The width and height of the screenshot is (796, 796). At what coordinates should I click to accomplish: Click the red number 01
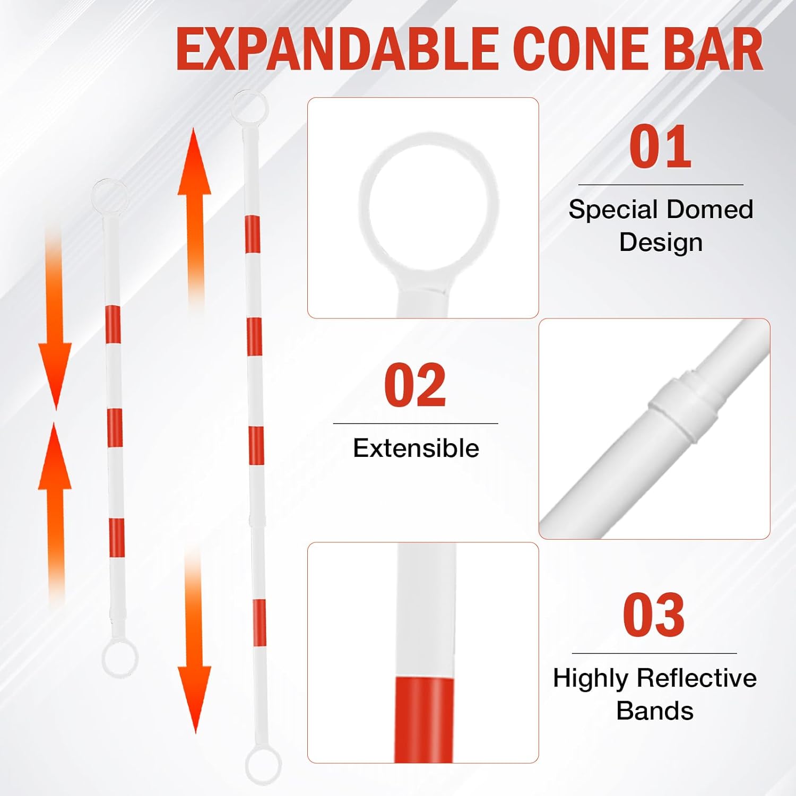pos(660,147)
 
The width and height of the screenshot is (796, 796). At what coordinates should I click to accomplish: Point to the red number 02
pos(415,386)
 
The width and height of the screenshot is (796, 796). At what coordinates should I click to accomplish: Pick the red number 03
pos(654,616)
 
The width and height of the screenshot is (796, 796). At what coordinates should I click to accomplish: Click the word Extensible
pos(416,448)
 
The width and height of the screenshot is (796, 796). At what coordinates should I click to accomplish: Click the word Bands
pos(654,711)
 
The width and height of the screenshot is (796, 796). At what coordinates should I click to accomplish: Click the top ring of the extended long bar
pos(250,107)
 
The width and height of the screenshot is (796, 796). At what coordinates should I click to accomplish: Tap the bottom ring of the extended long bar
pos(263,765)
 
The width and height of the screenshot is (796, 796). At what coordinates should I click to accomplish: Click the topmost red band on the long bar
pos(252,234)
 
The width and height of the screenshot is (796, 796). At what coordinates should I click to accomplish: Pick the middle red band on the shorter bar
pos(114,428)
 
